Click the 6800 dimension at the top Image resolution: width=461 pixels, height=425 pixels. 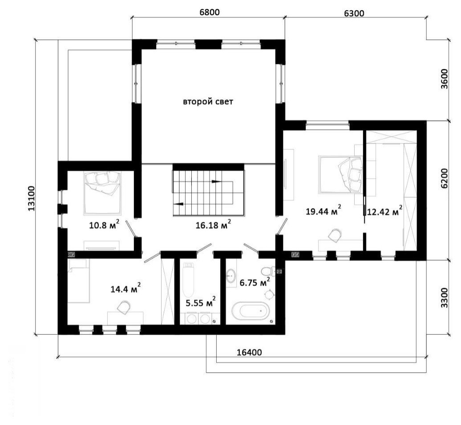[x=209, y=12]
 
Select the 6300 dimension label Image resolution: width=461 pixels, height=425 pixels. [x=354, y=13]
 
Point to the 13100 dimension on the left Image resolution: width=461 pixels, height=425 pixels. [x=32, y=198]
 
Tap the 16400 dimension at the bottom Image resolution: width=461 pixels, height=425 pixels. [x=249, y=352]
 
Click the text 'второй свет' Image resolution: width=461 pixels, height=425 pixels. [x=208, y=102]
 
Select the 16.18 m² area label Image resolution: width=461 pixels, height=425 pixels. [x=213, y=225]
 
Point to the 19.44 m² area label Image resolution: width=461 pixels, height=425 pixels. [x=324, y=211]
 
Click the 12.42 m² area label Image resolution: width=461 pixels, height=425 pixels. [x=384, y=211]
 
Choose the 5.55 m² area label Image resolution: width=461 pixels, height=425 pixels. [x=201, y=302]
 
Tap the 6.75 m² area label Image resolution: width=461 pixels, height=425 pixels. [x=255, y=282]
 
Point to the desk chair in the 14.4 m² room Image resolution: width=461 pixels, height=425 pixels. [x=124, y=307]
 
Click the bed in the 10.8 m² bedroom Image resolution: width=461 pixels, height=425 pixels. [x=102, y=192]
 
